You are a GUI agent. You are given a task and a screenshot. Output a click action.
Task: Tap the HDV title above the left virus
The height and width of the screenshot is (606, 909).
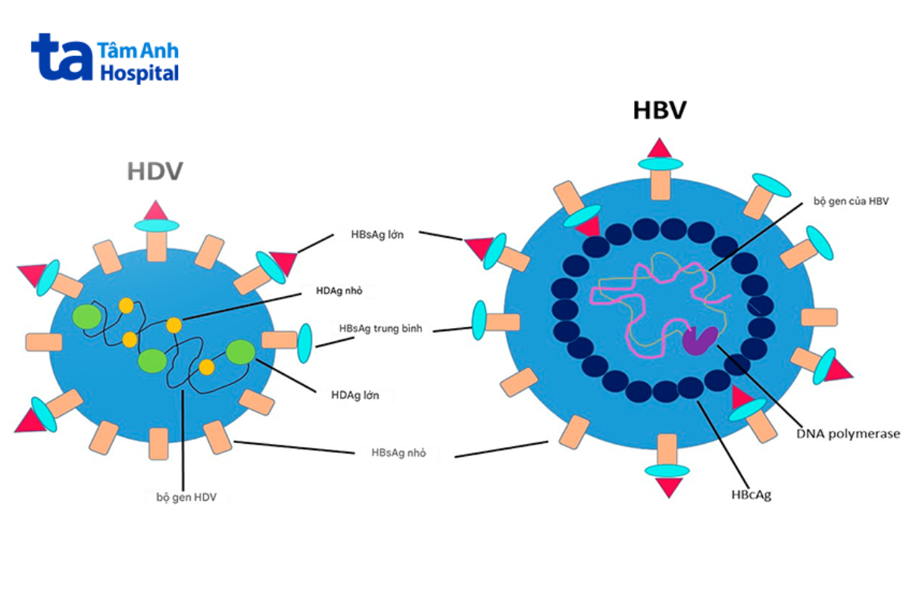[155, 171]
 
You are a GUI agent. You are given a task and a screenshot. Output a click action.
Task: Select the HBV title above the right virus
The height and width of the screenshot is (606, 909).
[659, 111]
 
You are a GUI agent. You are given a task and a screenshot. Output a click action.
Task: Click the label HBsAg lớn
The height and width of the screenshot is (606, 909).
[377, 235]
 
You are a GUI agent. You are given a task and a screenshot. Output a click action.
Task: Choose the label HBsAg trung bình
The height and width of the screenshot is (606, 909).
[381, 330]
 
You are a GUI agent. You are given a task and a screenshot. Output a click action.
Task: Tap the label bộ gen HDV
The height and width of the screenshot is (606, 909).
[186, 497]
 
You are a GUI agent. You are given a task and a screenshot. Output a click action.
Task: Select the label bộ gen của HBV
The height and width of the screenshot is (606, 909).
[856, 201]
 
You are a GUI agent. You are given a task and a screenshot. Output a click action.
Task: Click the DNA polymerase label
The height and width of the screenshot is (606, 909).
[848, 433]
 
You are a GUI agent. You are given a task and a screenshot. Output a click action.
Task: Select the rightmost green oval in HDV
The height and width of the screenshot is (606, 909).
[241, 352]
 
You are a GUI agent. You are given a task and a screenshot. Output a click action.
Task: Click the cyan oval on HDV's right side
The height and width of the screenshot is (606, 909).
[305, 342]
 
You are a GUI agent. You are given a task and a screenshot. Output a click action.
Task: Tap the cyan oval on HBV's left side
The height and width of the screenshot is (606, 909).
[479, 320]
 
